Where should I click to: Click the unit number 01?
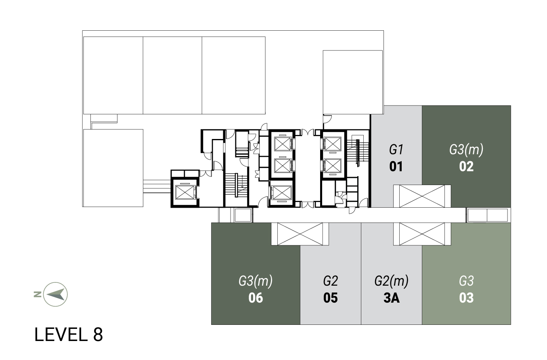pos(396,166)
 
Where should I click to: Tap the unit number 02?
pos(466,166)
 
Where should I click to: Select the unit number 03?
pos(466,298)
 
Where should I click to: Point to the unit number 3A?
pos(392,298)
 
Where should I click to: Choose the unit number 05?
pos(330,298)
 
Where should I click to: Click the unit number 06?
pos(256,298)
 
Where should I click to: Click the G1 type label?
pos(396,149)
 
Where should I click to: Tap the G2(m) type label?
pos(391,281)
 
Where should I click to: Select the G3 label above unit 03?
pos(466,281)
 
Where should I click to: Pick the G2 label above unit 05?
pos(330,281)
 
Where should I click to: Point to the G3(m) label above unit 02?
pos(466,149)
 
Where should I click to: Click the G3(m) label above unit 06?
pos(256,281)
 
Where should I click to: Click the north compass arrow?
pos(57,294)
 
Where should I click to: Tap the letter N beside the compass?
pos(38,294)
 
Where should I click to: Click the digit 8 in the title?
pos(98,335)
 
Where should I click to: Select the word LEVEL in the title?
pos(61,335)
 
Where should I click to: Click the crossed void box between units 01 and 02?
pos(422,196)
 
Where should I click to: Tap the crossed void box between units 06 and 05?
pos(300,234)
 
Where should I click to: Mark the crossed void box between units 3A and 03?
pos(422,234)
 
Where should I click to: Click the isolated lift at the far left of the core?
pos(185,192)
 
